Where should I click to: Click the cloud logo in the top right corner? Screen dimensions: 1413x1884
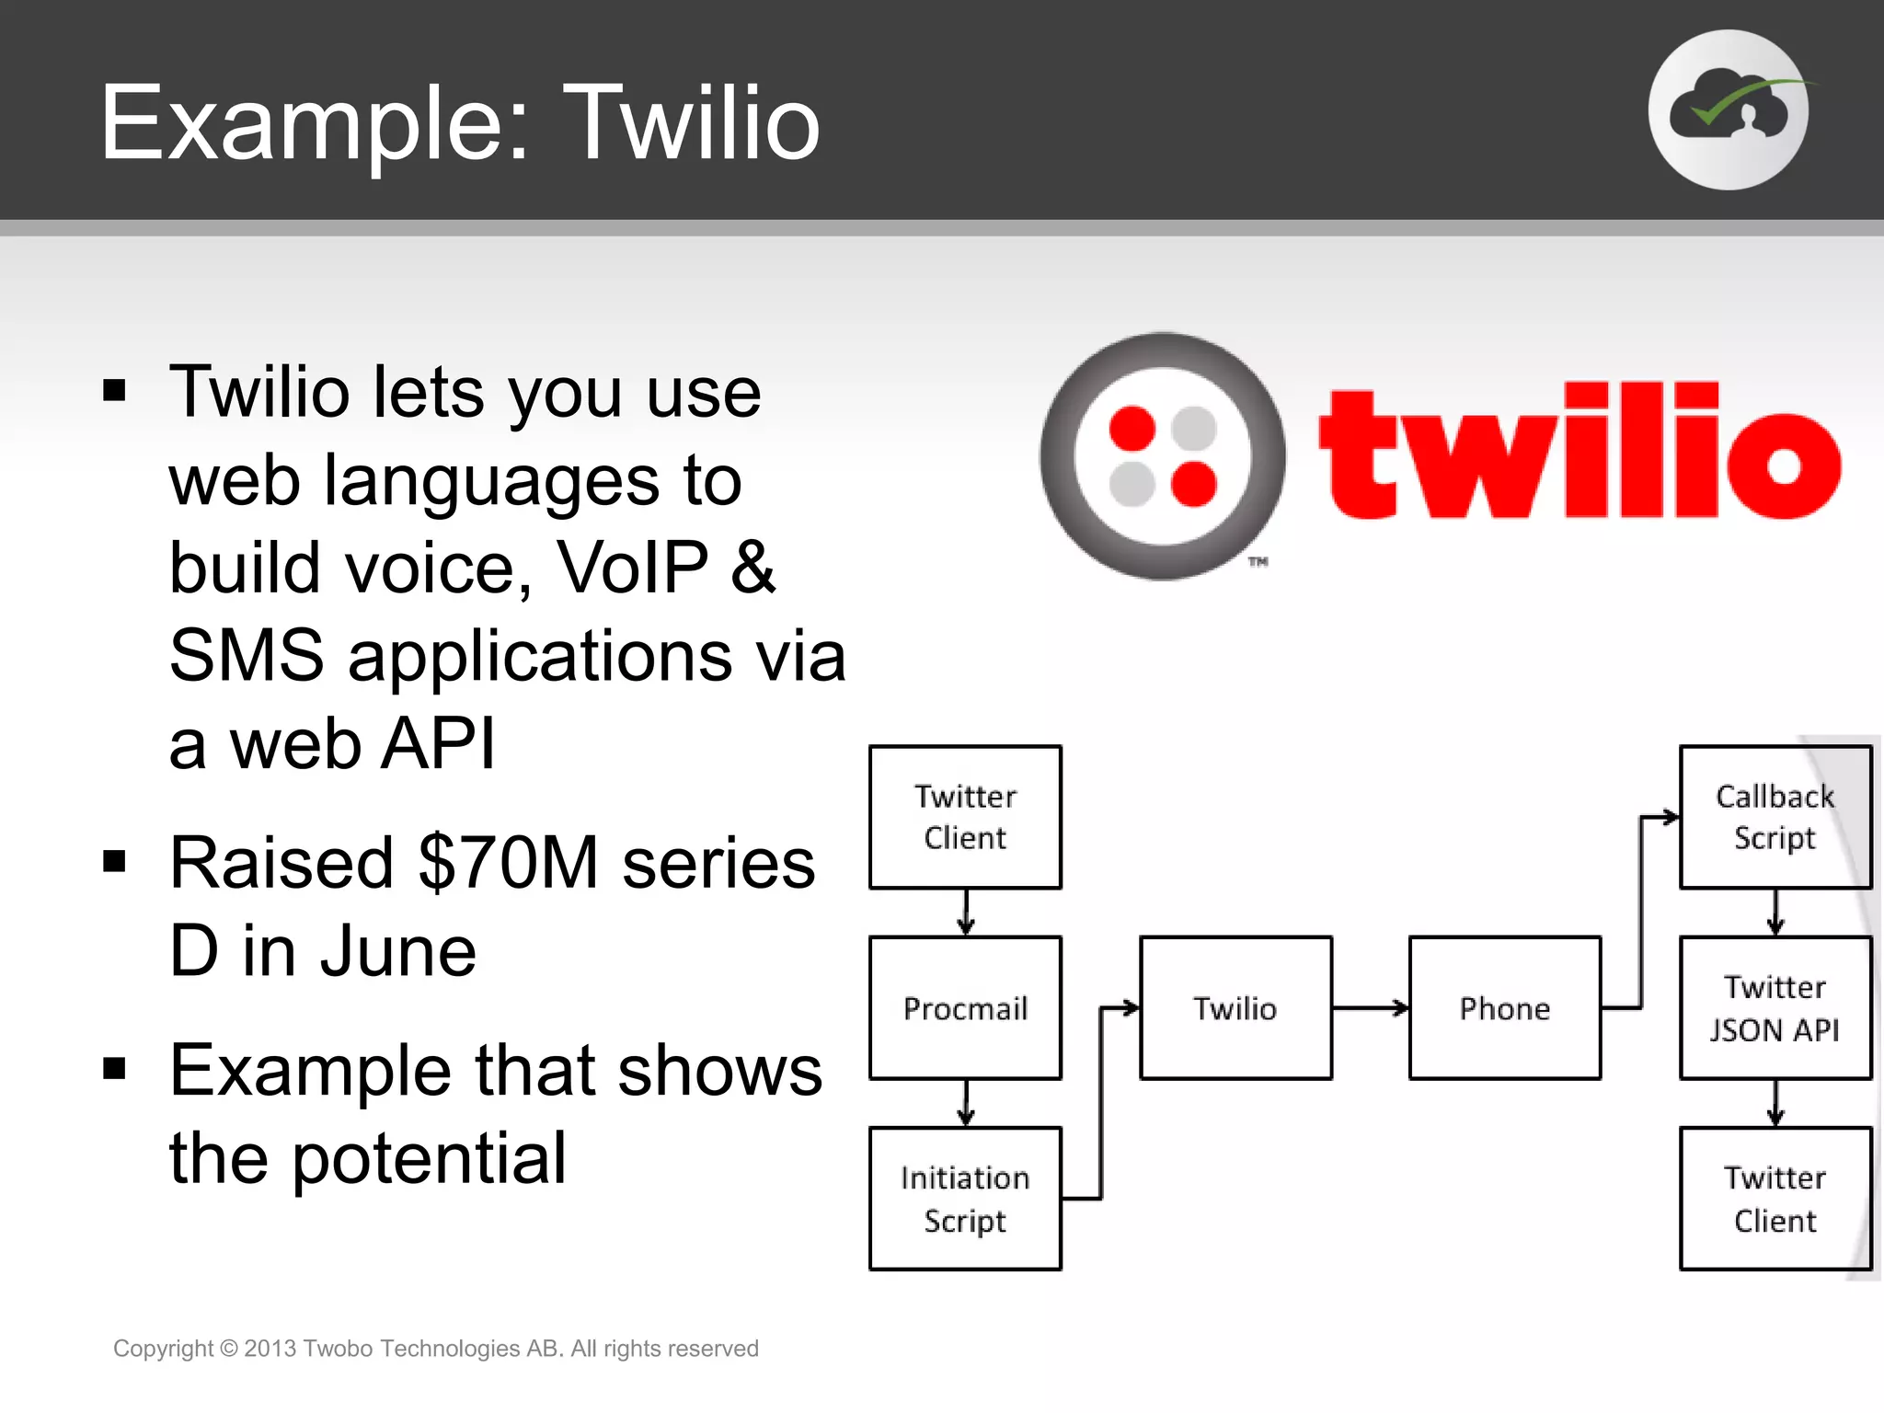coord(1729,109)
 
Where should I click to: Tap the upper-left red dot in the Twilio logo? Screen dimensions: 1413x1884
coord(1132,427)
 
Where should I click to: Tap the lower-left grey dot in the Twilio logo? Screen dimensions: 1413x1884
coord(1132,485)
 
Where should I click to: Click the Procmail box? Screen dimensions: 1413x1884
coord(965,1008)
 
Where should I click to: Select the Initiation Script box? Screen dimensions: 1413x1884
coord(965,1199)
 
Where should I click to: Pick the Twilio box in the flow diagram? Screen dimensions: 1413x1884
coord(1235,1008)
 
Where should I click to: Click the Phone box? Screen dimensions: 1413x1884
coord(1505,1008)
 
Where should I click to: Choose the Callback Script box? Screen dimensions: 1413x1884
coord(1775,817)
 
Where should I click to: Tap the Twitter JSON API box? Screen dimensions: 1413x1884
coord(1775,1008)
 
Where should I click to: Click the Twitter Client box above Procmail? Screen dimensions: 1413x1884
coord(965,817)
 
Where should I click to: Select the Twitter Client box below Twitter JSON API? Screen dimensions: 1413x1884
coord(1775,1199)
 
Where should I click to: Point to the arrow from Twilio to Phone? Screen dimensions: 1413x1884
coord(1371,1008)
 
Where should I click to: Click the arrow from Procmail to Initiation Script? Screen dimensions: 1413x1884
coord(965,1103)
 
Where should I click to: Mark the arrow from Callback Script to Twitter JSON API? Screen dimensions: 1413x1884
coord(1775,913)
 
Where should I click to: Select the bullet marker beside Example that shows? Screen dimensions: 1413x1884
coord(114,1069)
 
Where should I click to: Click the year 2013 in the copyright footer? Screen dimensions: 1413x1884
coord(270,1349)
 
